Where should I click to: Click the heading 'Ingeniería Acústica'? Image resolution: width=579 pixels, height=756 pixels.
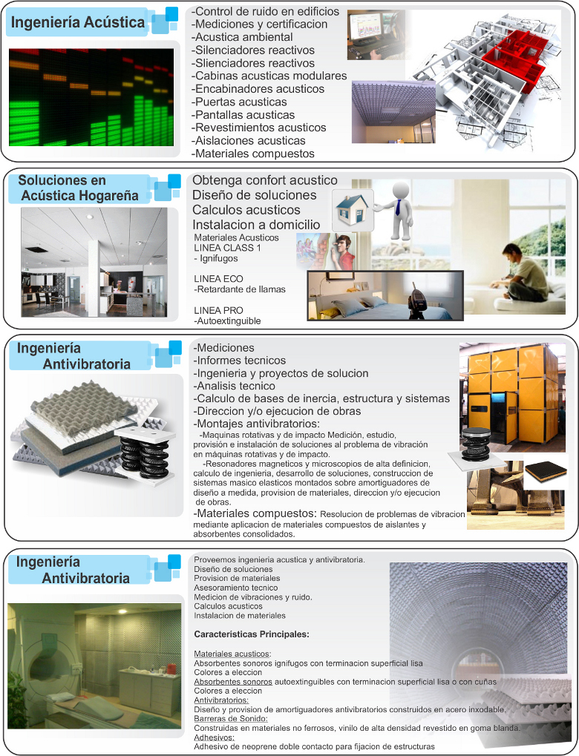(x=77, y=23)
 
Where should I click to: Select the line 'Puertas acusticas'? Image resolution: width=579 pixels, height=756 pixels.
(x=240, y=102)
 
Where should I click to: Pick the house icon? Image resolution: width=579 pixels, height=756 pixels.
(x=352, y=209)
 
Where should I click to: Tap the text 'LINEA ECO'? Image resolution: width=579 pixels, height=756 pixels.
(x=213, y=278)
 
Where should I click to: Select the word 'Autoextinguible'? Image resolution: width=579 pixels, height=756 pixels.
(x=229, y=321)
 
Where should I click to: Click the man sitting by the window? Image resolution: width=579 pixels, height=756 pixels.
(x=523, y=273)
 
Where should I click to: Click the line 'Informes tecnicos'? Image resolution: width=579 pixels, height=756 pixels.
(x=234, y=361)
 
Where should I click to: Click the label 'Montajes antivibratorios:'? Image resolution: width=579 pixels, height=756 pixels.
(x=256, y=424)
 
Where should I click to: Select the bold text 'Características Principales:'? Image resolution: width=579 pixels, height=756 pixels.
(x=251, y=634)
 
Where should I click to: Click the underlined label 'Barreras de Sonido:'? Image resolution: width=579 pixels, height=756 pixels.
(x=230, y=718)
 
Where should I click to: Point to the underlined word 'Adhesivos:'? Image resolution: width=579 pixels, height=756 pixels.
(x=214, y=737)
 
